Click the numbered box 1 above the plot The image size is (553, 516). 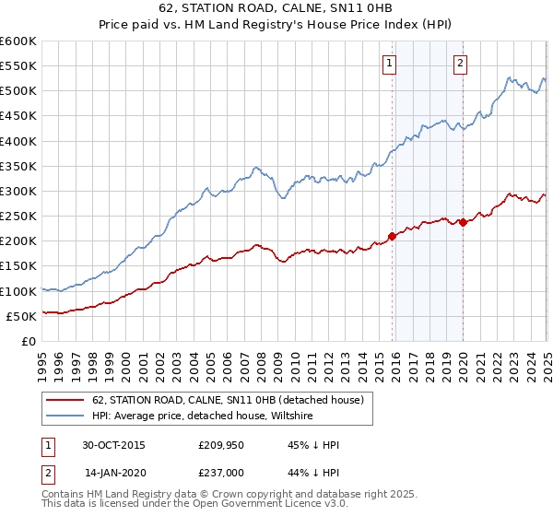coord(389,64)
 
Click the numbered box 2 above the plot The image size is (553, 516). coord(460,64)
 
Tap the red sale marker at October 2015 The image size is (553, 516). coord(393,236)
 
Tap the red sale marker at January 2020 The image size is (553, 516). coord(463,222)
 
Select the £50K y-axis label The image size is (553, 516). coord(22,316)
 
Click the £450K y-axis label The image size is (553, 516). coord(19,116)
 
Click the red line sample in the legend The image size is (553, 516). coord(65,400)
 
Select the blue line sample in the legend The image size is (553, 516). coord(65,416)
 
